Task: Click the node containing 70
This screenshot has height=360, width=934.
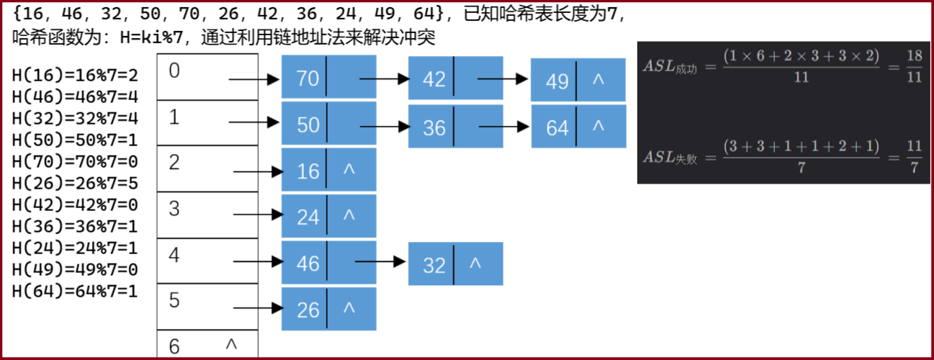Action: pos(328,78)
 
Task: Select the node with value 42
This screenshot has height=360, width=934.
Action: pos(455,78)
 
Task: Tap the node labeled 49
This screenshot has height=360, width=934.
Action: pos(578,81)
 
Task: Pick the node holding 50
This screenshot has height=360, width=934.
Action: pos(328,124)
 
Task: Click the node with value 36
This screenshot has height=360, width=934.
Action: pos(455,127)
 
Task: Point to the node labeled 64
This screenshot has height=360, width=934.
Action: pos(578,127)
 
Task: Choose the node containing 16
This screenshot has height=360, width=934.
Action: pos(328,171)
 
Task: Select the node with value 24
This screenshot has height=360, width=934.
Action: pos(328,216)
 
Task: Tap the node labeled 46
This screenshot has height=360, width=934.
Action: pos(328,263)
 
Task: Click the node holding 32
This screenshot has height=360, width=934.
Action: pos(455,264)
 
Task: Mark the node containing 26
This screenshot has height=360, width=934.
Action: pos(328,309)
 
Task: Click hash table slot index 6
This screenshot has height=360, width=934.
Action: pos(207,345)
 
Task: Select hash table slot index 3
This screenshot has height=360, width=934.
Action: pos(207,215)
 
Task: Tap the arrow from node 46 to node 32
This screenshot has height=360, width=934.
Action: pos(381,262)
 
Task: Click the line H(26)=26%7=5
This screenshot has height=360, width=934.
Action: pos(75,183)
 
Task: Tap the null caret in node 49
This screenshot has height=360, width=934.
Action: pos(598,78)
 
